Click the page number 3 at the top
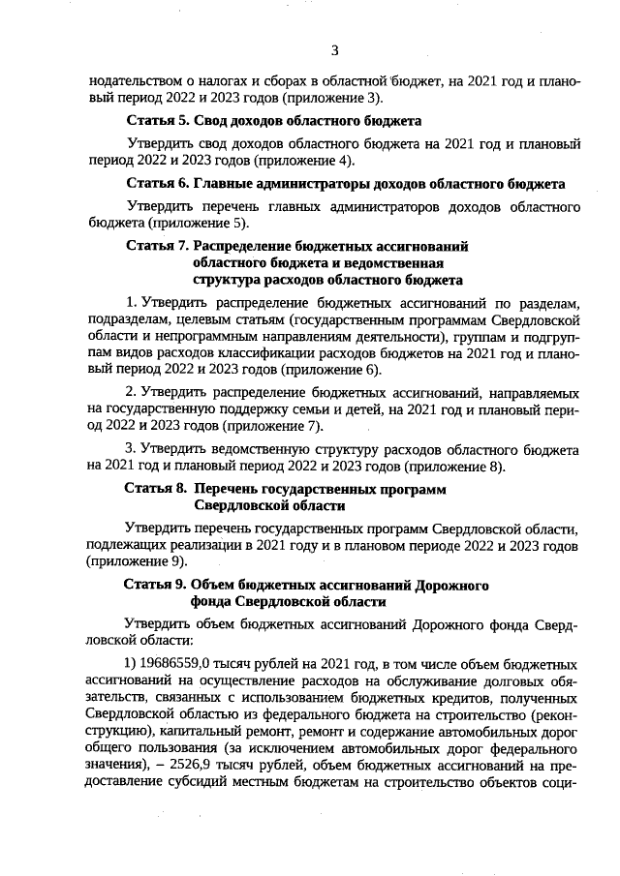click(333, 50)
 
